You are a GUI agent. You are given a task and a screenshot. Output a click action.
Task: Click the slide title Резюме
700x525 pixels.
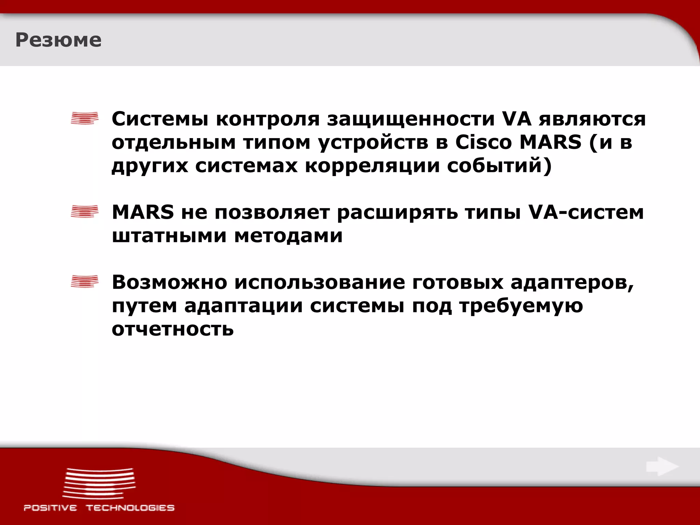point(58,40)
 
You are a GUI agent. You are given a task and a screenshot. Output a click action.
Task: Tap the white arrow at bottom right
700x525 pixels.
point(662,467)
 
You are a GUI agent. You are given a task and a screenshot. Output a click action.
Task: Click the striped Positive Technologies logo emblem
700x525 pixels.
point(99,484)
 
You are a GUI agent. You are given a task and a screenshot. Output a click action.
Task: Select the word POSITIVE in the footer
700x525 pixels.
point(50,508)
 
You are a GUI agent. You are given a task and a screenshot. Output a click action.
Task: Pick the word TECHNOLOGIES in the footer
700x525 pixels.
point(130,508)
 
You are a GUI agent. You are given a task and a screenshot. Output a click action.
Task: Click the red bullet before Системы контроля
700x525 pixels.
point(84,118)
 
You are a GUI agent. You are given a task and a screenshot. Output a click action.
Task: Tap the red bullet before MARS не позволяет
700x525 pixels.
point(84,212)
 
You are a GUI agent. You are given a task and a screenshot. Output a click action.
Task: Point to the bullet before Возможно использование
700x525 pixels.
point(84,282)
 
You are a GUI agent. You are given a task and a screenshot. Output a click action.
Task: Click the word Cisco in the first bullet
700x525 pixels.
point(483,142)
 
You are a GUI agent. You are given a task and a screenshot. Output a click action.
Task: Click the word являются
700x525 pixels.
point(592,119)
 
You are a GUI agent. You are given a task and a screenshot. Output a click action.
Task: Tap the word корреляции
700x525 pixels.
point(372,166)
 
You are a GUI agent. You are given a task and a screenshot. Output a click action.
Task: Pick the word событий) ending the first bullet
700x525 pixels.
point(499,166)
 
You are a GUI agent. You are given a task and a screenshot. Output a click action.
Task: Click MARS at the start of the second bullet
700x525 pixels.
point(143,212)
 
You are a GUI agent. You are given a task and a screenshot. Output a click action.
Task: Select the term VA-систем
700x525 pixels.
point(586,212)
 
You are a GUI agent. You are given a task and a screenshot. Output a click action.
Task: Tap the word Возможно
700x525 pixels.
point(170,283)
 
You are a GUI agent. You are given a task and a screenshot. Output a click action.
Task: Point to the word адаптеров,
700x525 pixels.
point(572,283)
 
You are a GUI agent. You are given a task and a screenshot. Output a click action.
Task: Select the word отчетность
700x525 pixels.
point(173,329)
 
